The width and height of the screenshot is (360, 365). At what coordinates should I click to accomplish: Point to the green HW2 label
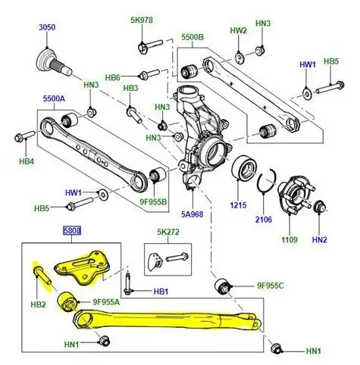pyautogui.click(x=239, y=31)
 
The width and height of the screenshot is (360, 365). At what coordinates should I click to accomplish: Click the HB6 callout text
pyautogui.click(x=113, y=76)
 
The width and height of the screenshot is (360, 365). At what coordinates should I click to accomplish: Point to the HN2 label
pyautogui.click(x=319, y=239)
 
